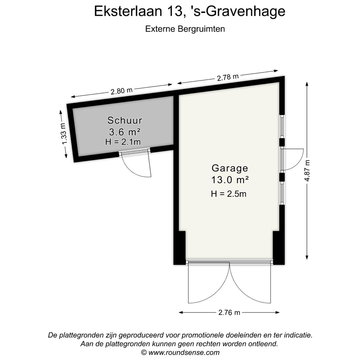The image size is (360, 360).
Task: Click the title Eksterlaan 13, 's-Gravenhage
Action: [190, 11]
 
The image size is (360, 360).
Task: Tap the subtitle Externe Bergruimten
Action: [185, 29]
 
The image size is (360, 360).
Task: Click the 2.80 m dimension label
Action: [122, 91]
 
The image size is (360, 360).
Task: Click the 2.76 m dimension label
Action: [229, 312]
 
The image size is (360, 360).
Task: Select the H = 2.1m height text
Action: [123, 142]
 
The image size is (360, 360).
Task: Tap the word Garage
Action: [230, 168]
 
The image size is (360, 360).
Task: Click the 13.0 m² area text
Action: [230, 180]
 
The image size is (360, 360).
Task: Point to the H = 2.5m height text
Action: [229, 193]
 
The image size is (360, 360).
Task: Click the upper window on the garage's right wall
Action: [282, 127]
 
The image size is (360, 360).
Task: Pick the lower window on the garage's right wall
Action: [282, 193]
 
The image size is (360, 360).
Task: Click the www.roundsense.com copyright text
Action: [180, 352]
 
